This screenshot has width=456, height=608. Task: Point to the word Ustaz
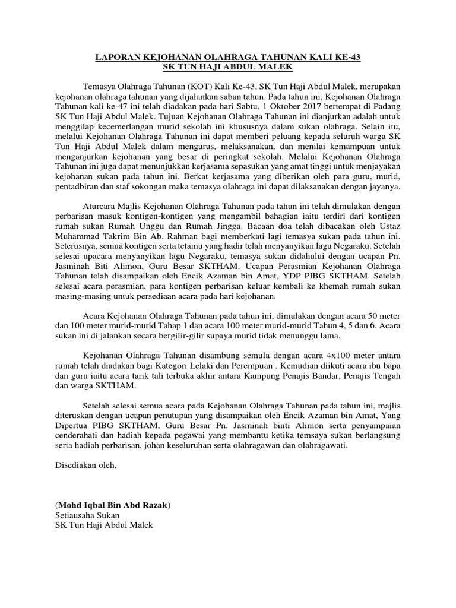pos(389,227)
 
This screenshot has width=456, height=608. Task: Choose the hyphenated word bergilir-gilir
pos(192,335)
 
